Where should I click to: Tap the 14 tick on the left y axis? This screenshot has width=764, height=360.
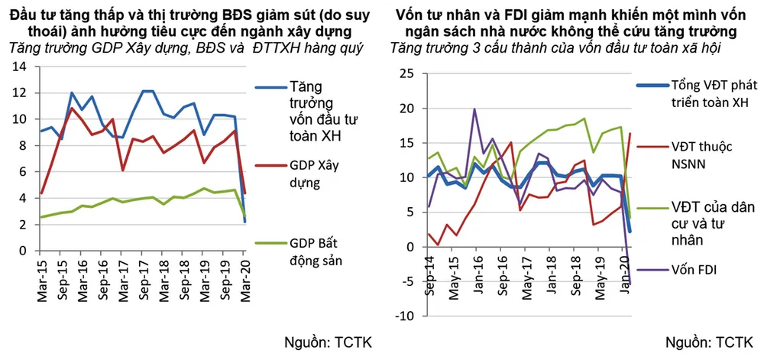21,66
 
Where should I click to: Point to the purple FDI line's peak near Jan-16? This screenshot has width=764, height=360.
475,109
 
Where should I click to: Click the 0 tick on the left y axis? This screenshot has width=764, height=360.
23,251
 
